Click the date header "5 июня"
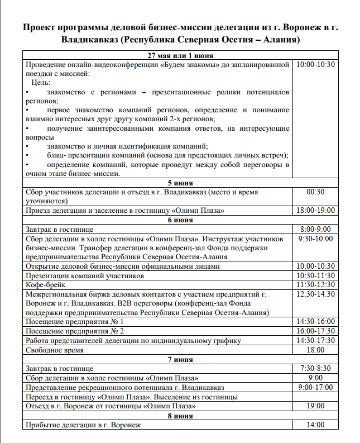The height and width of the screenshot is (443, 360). coord(180,183)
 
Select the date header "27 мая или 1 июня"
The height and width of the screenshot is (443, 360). coord(180,56)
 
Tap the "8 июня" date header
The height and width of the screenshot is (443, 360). coord(180,416)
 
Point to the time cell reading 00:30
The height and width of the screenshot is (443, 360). coord(315,192)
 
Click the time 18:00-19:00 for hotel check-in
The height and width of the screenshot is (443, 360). coord(315,211)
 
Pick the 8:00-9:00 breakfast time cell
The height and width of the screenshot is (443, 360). coord(315,229)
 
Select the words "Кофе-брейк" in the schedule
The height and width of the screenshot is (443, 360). coord(46,285)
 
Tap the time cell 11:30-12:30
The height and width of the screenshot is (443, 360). coord(315,285)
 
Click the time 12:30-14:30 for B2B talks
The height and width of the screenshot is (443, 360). coord(315,294)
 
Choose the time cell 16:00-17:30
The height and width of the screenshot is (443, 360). coord(315,331)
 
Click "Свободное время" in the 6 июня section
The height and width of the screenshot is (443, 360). coord(55,350)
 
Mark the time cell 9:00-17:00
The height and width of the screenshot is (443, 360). coord(315,388)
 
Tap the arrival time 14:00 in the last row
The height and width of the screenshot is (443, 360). coord(315,425)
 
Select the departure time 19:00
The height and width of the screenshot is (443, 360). coord(315,406)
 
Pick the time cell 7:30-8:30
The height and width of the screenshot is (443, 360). coord(315,369)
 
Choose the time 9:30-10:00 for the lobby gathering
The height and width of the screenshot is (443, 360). coord(315,239)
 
